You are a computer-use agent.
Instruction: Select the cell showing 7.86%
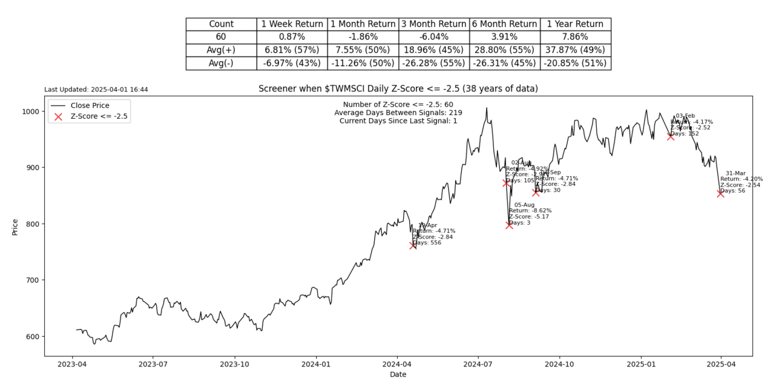[575, 37]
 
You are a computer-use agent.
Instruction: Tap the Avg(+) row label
[221, 50]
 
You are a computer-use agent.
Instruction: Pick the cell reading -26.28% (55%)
[433, 63]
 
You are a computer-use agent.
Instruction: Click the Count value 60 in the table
[221, 37]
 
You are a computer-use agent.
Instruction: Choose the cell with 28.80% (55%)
[504, 50]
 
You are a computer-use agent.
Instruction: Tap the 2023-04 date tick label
[72, 365]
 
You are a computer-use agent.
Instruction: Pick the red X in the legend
[58, 117]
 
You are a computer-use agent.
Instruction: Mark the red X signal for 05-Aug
[509, 225]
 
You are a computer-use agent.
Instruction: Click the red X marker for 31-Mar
[720, 194]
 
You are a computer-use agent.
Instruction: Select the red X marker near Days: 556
[413, 245]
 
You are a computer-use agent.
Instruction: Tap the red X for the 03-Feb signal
[671, 137]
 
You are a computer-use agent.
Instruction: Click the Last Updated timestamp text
[96, 90]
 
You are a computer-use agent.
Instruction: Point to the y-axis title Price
[16, 226]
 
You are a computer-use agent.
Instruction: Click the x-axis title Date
[398, 374]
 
